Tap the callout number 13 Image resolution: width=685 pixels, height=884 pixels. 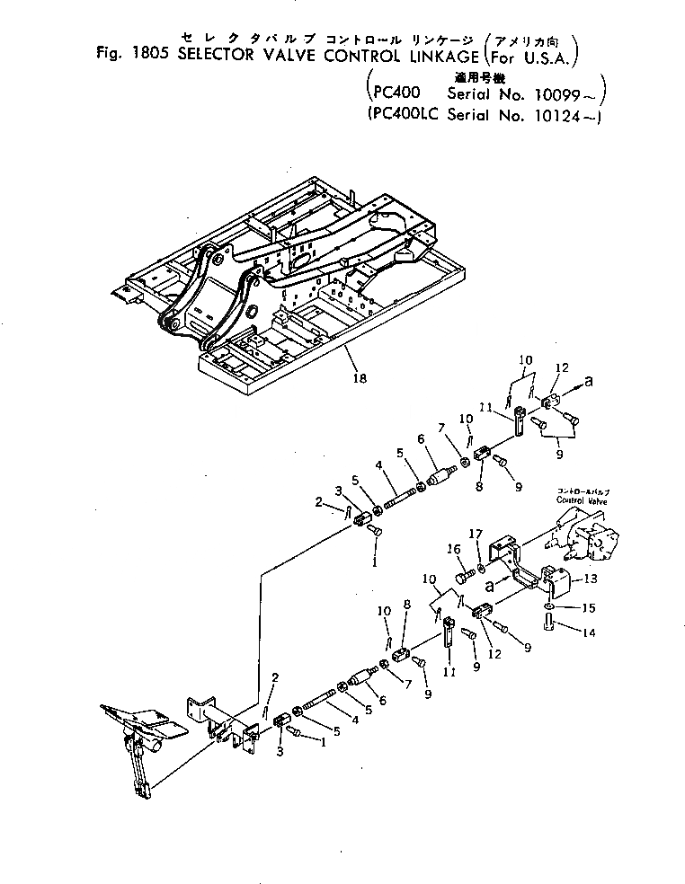click(x=592, y=579)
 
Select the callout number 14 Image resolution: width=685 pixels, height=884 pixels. click(x=589, y=632)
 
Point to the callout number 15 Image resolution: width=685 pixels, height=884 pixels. click(x=589, y=608)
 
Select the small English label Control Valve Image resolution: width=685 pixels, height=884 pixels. click(x=583, y=499)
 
